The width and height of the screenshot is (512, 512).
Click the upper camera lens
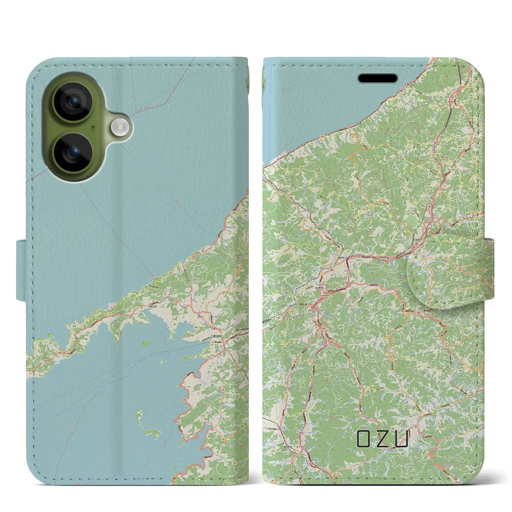[x=73, y=102]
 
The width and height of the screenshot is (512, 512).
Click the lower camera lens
[x=73, y=152]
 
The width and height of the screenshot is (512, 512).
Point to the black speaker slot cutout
[x=378, y=78]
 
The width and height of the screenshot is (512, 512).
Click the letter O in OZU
[x=364, y=439]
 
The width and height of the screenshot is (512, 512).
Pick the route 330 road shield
[x=364, y=208]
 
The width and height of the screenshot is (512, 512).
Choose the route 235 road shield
[x=267, y=348]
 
